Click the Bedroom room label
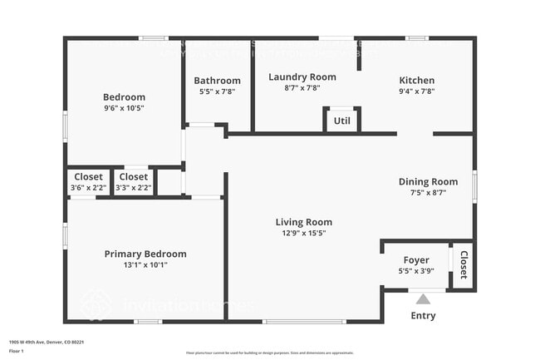[124, 96]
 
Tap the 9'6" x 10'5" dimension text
[124, 108]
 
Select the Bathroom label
[217, 81]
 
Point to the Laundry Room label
[302, 76]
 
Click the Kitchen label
[416, 81]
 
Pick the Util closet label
[341, 121]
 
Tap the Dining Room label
[428, 181]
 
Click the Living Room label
[304, 222]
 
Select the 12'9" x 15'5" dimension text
[304, 234]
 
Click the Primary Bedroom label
[145, 254]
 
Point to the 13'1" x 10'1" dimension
[145, 265]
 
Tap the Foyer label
[416, 259]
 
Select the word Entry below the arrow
[423, 316]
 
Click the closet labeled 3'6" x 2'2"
[89, 182]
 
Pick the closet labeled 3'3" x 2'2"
[134, 182]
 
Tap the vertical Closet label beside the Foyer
[464, 265]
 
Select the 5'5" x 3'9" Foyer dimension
[416, 271]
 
